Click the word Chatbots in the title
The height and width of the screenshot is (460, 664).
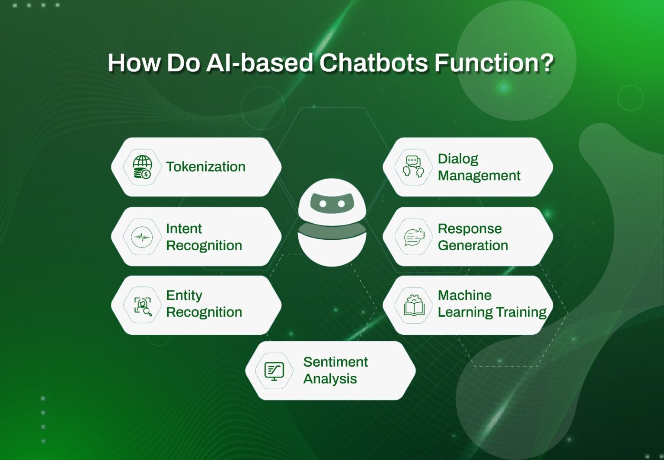[374, 63]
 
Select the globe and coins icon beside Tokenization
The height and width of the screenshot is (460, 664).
[142, 167]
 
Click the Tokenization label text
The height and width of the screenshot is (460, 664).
[206, 167]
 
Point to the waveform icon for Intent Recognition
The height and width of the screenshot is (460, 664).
[142, 237]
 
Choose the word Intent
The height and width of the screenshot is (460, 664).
[184, 228]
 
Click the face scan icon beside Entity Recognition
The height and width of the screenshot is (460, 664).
[142, 306]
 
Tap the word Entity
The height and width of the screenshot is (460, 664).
[184, 295]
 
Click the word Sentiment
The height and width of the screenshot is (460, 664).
[335, 362]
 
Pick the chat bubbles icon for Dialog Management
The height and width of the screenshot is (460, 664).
[413, 167]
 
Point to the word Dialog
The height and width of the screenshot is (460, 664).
[458, 159]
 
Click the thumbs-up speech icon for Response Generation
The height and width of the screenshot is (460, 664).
[414, 237]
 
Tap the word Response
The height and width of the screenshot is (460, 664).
[469, 228]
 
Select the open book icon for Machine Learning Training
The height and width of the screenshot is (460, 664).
[414, 306]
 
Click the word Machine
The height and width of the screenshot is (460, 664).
[464, 295]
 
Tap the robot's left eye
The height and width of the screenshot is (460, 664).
[322, 204]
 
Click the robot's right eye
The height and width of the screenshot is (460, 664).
[342, 204]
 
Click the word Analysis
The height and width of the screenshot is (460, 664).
[330, 379]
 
